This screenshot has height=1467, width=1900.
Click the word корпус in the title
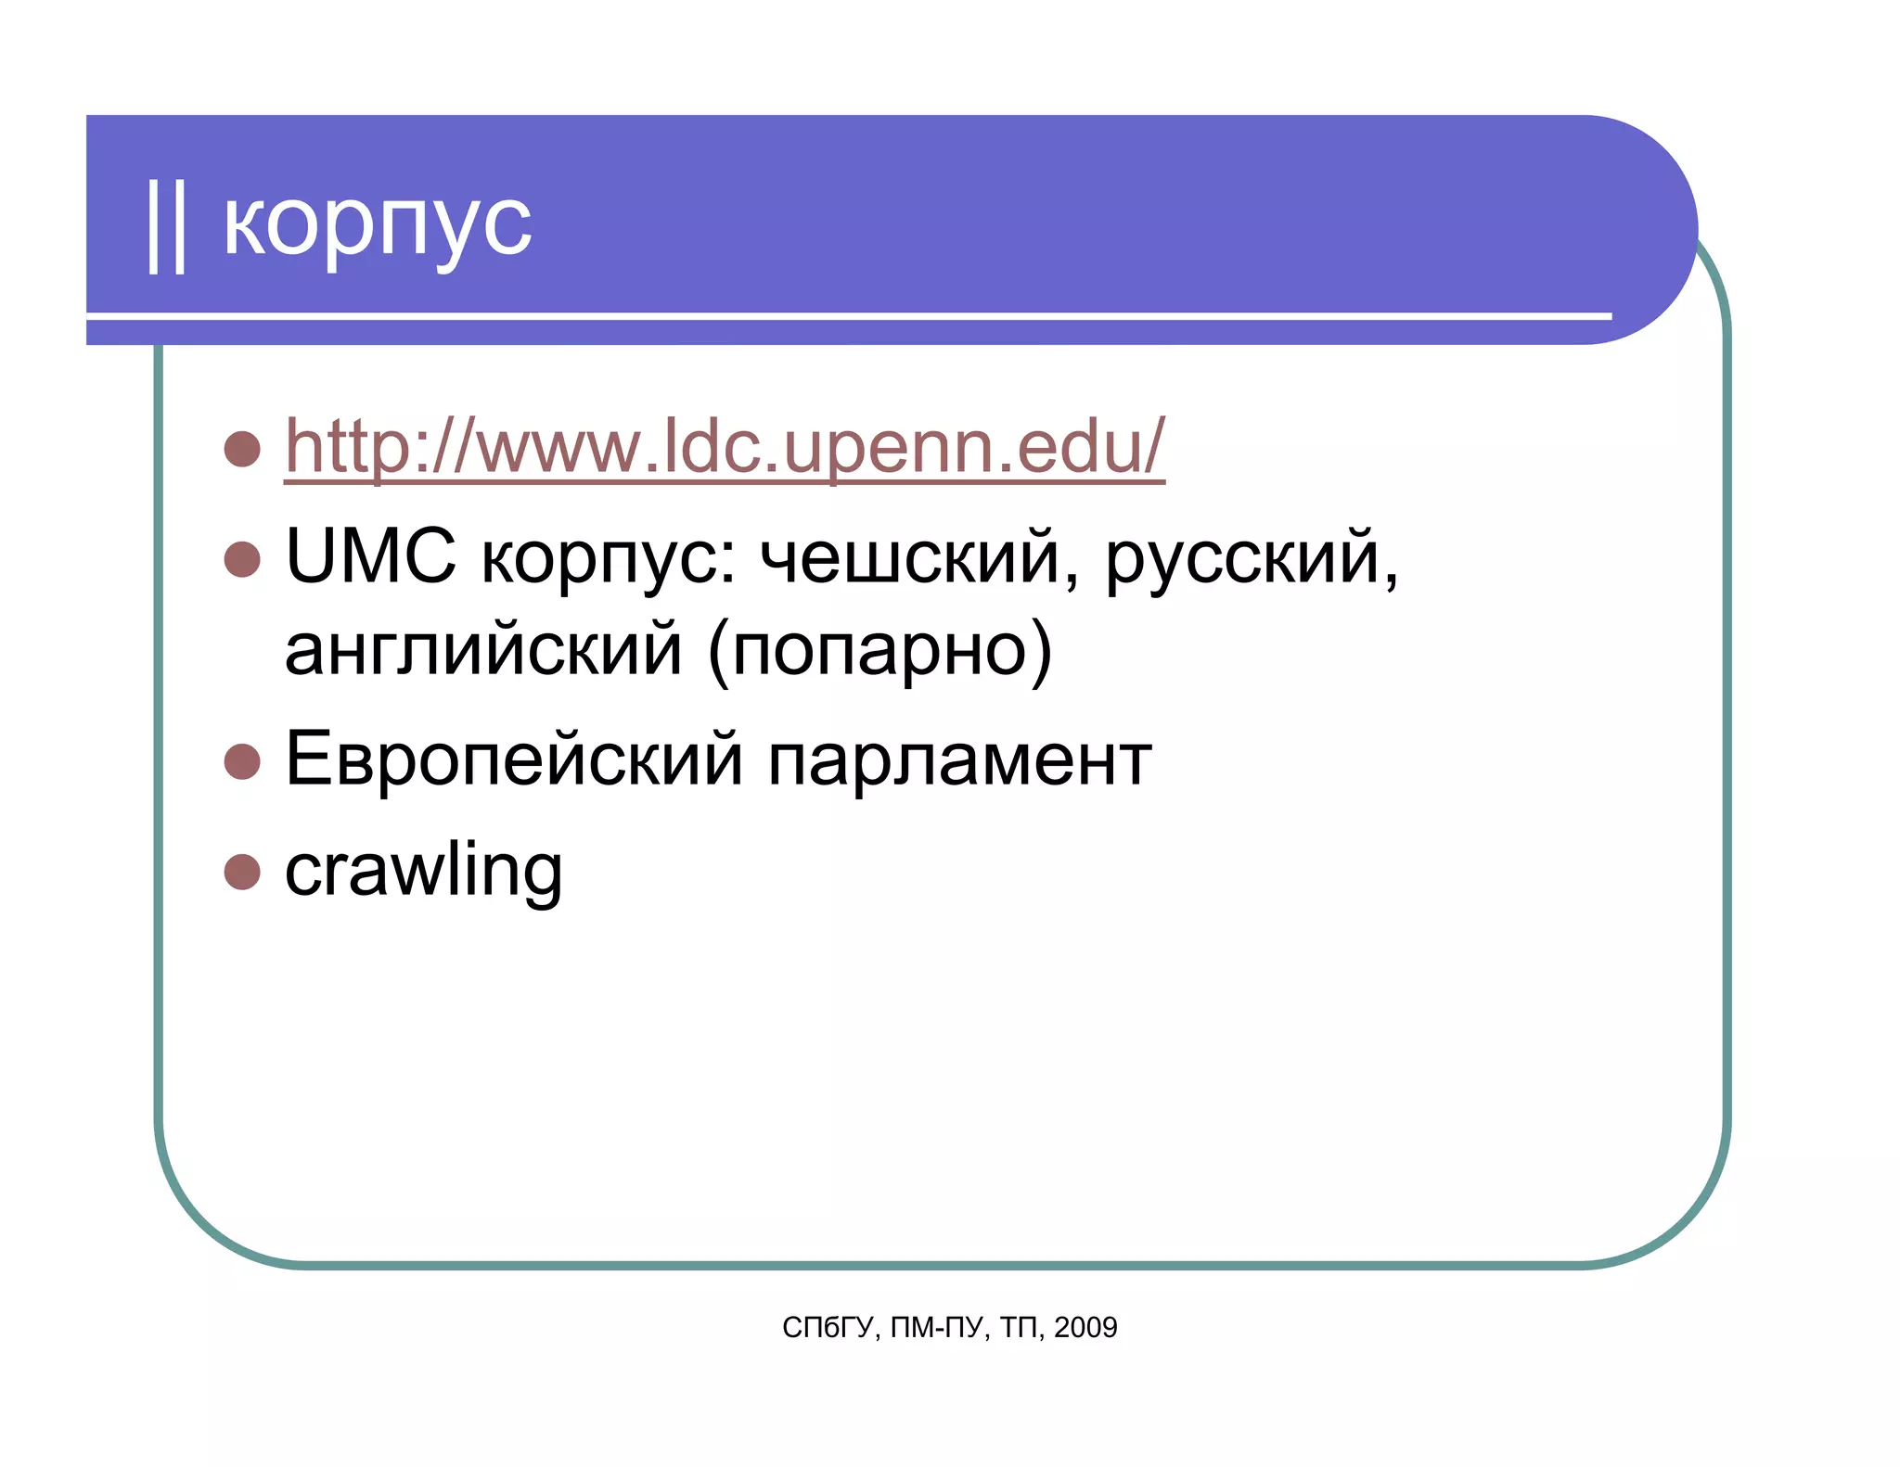click(x=378, y=225)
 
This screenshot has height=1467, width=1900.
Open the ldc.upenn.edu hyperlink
click(x=724, y=447)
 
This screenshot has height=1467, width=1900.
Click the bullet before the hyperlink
click(x=242, y=449)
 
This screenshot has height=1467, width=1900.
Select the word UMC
click(x=370, y=556)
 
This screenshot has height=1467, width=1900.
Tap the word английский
click(x=483, y=650)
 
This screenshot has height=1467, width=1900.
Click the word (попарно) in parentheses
click(x=879, y=652)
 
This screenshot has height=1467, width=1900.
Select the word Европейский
click(x=514, y=759)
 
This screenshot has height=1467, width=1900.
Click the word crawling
click(x=423, y=872)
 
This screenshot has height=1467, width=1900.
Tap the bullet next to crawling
click(x=242, y=872)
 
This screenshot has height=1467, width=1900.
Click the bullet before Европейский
click(x=242, y=761)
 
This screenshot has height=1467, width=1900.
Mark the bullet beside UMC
click(x=242, y=559)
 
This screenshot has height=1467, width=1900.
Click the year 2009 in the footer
click(x=1085, y=1328)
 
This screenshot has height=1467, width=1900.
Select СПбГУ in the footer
click(x=828, y=1328)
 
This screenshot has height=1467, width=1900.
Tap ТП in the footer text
click(x=1021, y=1328)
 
